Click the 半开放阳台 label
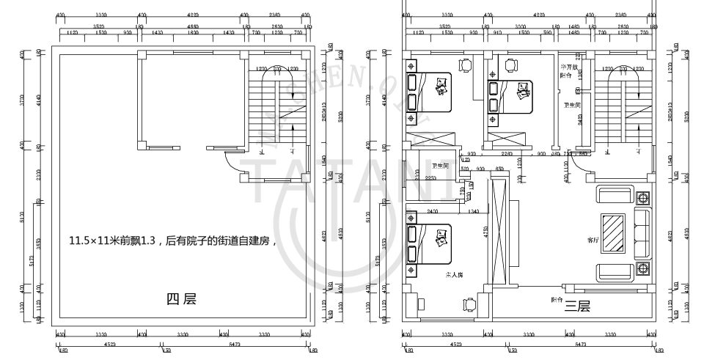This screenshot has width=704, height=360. pyautogui.click(x=570, y=71)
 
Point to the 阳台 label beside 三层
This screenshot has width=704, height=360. pyautogui.click(x=557, y=299)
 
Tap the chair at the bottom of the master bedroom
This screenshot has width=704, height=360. pyautogui.click(x=469, y=304)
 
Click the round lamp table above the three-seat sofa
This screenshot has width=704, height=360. pyautogui.click(x=643, y=199)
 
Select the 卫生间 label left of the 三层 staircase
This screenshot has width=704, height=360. pyautogui.click(x=572, y=106)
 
